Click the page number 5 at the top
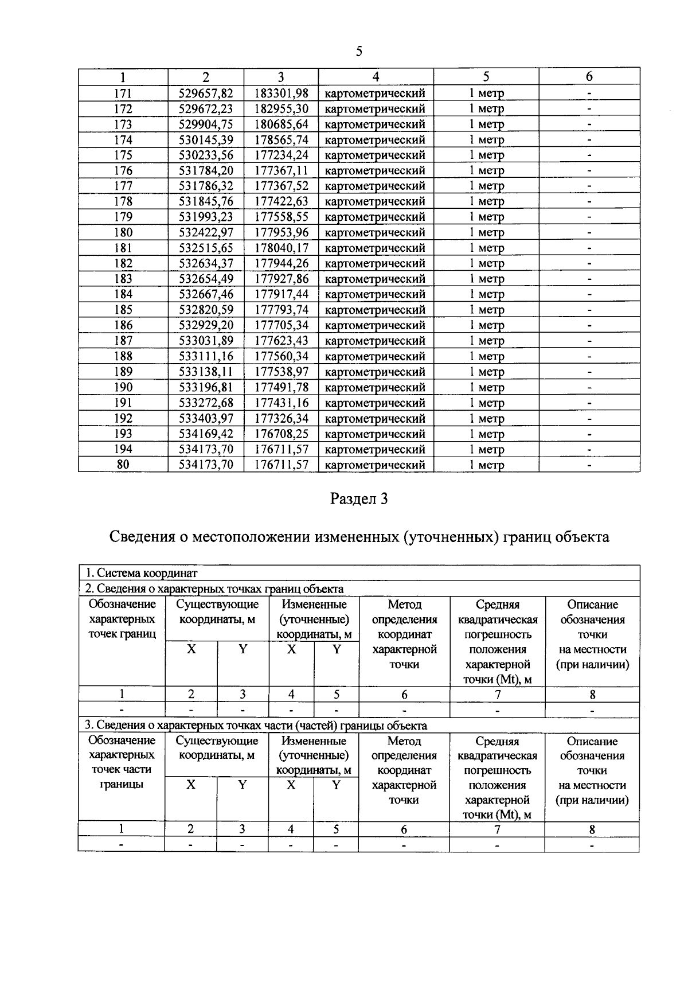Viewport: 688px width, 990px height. pos(359,52)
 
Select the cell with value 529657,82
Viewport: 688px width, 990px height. pos(206,93)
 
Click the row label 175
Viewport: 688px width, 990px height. pos(123,155)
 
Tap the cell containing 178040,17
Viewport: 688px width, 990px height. pos(281,248)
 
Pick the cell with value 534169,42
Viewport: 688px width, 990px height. pos(206,434)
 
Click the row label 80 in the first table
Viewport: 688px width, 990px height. pos(123,465)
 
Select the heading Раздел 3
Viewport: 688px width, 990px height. pos(359,498)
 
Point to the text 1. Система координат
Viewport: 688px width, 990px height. pos(141,572)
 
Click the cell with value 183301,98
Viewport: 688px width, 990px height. pos(281,93)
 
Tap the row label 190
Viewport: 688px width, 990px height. pos(123,387)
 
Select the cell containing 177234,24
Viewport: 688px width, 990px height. pos(281,155)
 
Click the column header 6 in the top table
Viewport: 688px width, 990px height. pos(589,77)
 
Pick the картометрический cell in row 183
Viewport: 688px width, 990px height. pos(375,279)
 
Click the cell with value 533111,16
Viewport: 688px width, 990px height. pos(206,356)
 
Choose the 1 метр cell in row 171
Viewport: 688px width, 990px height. pos(486,93)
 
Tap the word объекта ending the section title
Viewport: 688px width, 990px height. pos(580,537)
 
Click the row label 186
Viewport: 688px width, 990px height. pos(123,325)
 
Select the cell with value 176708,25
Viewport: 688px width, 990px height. pos(281,434)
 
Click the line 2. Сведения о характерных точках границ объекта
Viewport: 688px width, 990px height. pos(214,588)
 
